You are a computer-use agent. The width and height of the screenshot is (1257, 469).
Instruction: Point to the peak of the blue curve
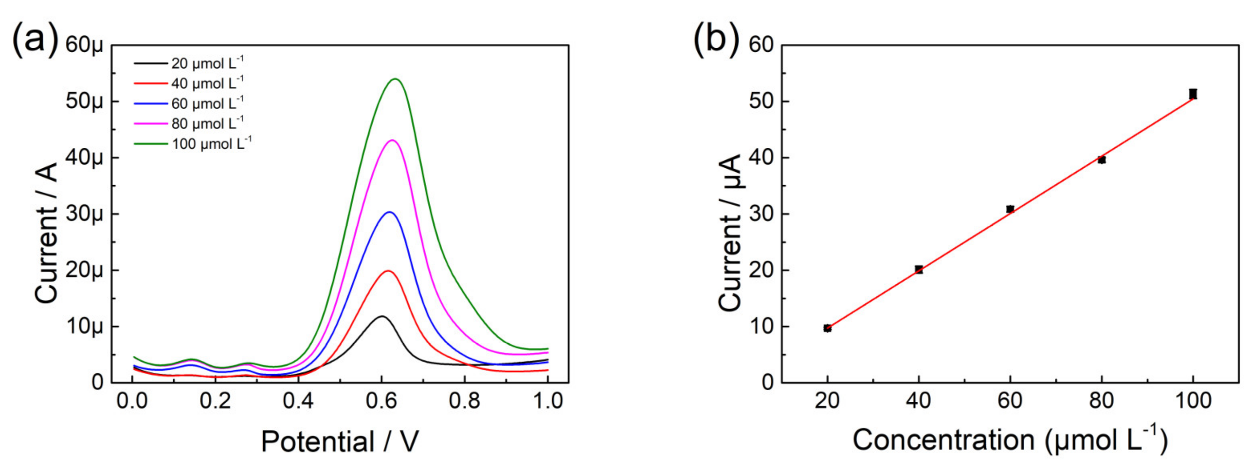click(390, 212)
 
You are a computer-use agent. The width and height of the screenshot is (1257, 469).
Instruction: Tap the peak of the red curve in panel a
click(388, 271)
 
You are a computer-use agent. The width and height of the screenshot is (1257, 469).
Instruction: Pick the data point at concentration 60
click(1010, 209)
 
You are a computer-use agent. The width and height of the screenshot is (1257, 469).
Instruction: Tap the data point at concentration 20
click(827, 328)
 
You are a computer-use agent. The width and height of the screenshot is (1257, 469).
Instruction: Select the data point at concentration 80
click(1101, 159)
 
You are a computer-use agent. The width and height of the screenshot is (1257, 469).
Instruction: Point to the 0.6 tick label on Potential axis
click(381, 401)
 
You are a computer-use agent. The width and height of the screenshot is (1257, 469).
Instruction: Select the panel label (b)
click(716, 39)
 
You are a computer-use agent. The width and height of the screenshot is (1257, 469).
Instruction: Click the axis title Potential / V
click(340, 441)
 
